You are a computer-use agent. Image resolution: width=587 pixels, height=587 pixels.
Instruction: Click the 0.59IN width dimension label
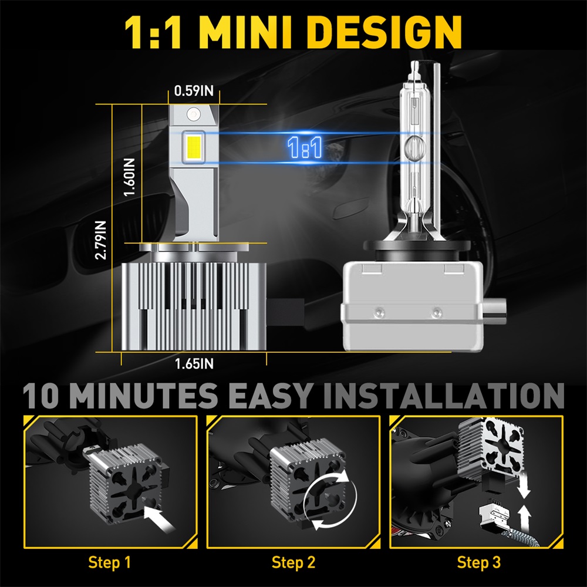194,90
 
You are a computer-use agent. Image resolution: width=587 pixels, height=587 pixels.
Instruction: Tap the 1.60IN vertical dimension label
129,177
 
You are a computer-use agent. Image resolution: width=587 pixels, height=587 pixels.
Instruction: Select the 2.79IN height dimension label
100,240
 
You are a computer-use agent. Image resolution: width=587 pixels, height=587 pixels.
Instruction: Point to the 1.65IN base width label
194,363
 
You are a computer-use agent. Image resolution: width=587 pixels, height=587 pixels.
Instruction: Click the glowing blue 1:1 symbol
305,147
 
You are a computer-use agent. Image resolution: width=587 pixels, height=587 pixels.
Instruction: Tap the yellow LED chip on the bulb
194,147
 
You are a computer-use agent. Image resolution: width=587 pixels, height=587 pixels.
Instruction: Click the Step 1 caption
110,562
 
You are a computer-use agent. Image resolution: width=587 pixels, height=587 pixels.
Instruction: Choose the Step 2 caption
293,562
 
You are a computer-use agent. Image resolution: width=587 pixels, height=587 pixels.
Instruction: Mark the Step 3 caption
479,562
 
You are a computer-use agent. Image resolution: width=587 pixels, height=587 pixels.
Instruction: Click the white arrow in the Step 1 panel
159,518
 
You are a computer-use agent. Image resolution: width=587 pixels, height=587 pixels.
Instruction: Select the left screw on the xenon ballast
379,312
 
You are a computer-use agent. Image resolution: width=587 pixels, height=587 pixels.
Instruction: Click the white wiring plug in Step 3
495,512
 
